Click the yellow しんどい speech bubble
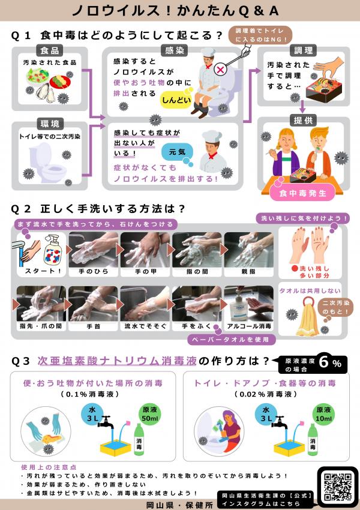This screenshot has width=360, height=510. pos(174,101)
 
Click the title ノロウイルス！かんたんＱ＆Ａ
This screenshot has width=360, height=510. pos(179,11)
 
